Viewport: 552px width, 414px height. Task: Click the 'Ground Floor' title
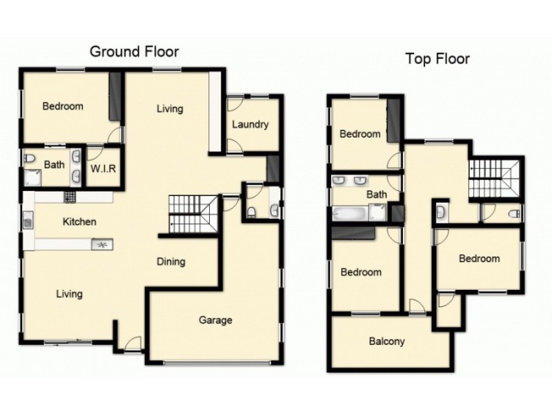point(135,52)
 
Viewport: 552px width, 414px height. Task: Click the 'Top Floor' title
point(437,59)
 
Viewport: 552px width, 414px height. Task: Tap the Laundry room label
point(250,125)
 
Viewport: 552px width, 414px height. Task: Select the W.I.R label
point(102,168)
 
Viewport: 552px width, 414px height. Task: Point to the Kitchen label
point(79,222)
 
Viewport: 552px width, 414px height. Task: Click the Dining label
point(170,262)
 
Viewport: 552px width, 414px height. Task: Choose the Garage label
point(215,319)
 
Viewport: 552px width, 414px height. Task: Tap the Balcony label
point(386,342)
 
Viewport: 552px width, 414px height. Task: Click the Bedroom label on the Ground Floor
point(63,106)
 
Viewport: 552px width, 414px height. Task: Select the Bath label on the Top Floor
point(376,195)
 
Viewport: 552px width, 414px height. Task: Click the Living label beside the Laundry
point(170,108)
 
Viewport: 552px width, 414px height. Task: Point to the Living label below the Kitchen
point(69,294)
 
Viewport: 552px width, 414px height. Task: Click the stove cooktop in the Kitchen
point(70,197)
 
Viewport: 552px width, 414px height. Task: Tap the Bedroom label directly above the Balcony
point(361,273)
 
